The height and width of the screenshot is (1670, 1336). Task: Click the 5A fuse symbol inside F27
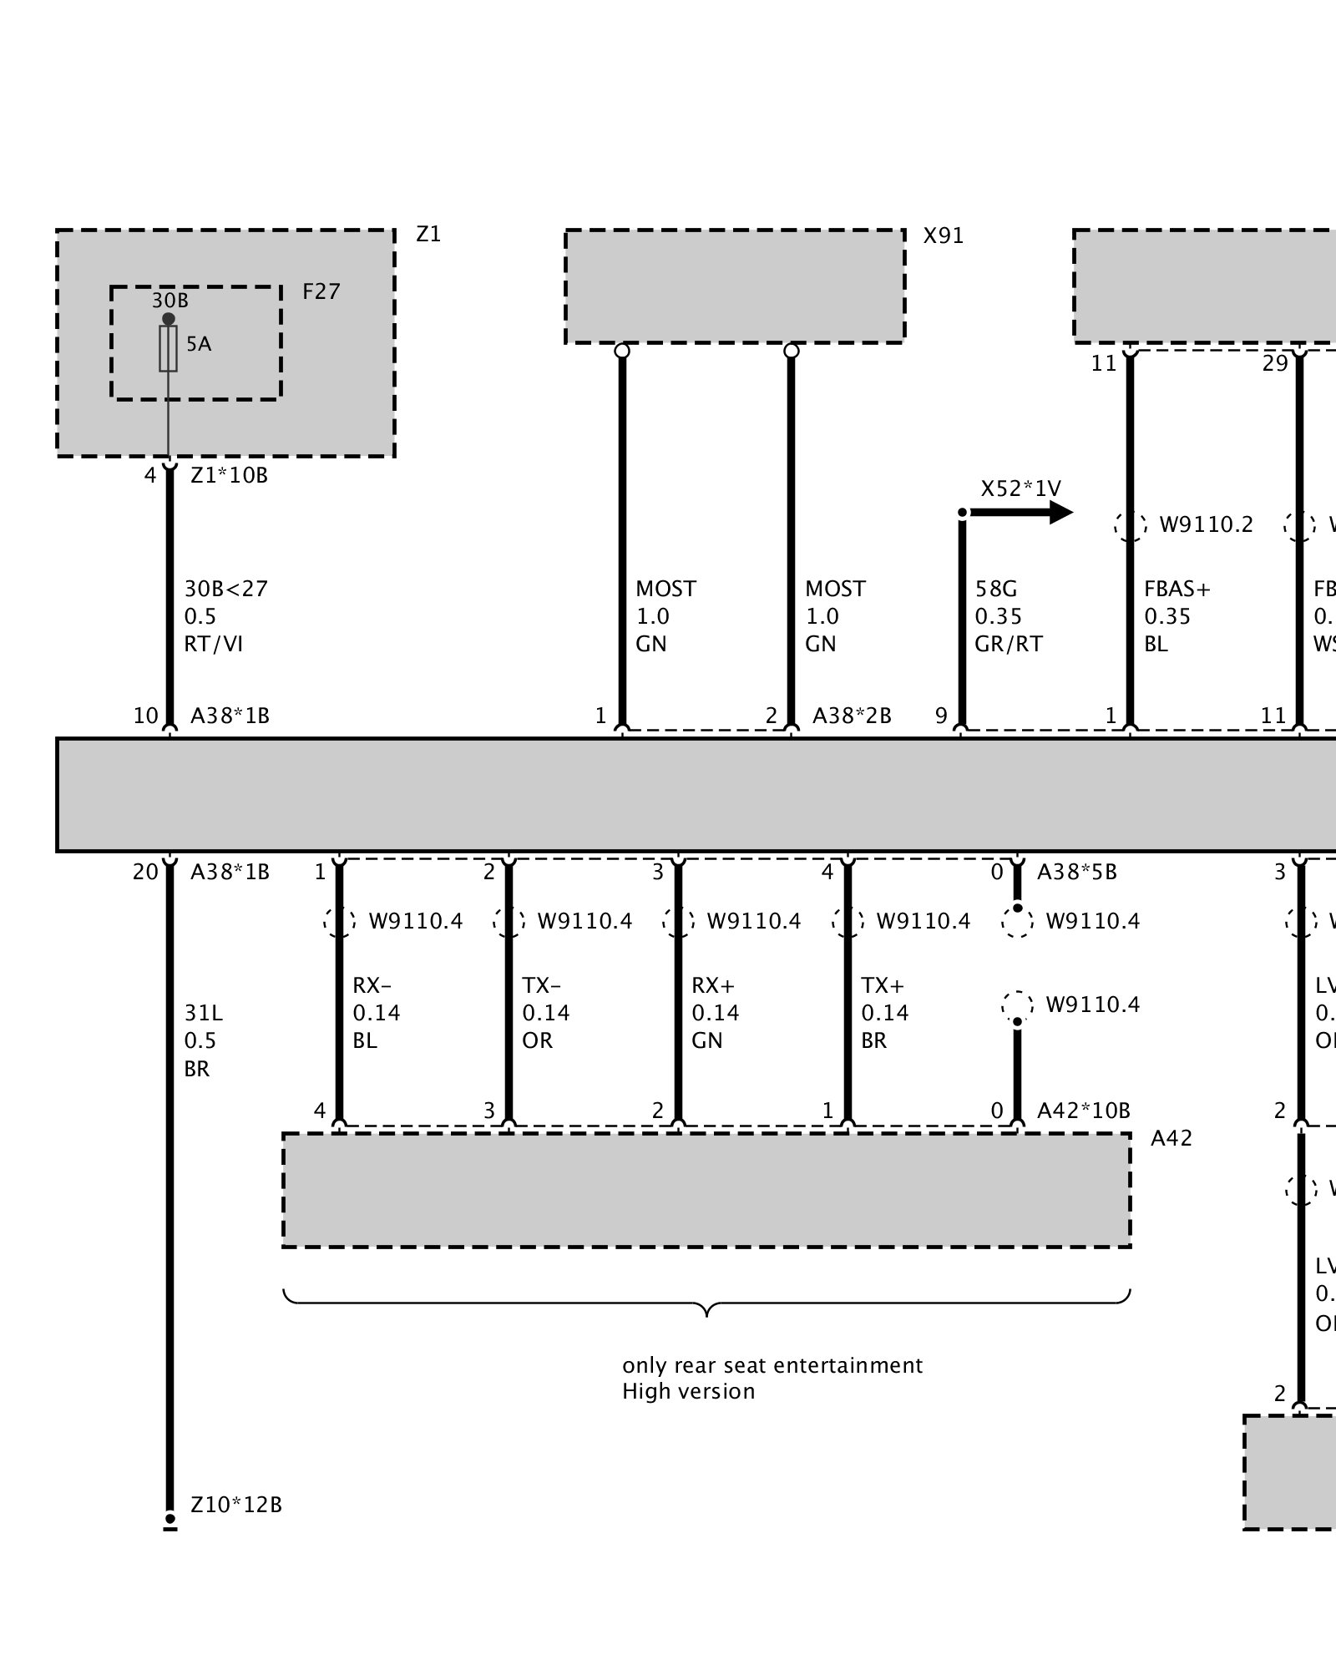point(169,348)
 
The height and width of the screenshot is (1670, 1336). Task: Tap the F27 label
point(321,291)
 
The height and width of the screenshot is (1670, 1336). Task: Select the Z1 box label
point(428,235)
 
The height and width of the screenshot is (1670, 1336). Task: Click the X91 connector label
point(943,236)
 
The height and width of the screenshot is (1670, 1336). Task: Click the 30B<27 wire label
point(226,589)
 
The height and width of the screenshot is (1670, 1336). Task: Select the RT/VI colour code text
point(214,644)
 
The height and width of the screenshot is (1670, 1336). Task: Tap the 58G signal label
point(996,589)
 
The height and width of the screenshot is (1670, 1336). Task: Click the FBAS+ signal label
point(1177,589)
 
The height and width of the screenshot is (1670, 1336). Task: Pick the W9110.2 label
point(1206,524)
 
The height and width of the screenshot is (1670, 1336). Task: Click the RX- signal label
point(372,985)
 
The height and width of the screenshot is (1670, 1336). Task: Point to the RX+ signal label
point(712,985)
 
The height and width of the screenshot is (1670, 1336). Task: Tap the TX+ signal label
point(883,985)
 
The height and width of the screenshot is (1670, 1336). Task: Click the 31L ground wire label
point(204,1013)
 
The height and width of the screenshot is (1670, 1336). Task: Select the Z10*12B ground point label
point(236,1505)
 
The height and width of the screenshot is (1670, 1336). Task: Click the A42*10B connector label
point(1083,1111)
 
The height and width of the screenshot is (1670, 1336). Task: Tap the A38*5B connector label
point(1076,873)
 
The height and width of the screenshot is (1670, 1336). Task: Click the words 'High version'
point(688,1391)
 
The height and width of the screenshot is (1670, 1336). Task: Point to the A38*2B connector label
point(852,716)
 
